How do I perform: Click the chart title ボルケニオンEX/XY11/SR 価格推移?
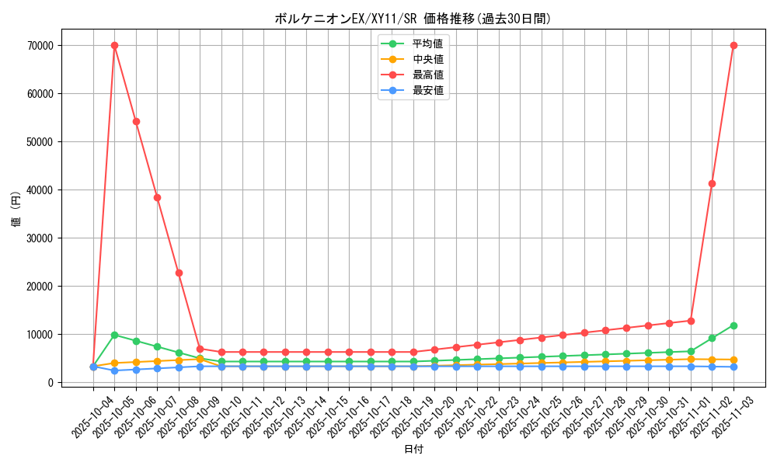click(x=413, y=19)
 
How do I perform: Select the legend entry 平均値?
click(x=428, y=43)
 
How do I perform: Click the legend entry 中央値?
click(x=428, y=59)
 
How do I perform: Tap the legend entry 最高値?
click(x=428, y=75)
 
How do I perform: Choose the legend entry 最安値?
click(x=428, y=90)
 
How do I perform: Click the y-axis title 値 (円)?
click(x=16, y=210)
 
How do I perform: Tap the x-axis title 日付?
click(x=413, y=449)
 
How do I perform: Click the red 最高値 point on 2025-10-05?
click(x=114, y=45)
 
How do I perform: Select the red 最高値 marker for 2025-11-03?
click(x=733, y=45)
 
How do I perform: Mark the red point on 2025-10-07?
click(x=157, y=197)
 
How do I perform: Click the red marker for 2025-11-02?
click(x=712, y=183)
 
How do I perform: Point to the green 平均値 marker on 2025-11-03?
click(x=733, y=325)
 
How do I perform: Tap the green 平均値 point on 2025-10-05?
click(x=114, y=335)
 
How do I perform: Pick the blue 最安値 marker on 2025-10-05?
click(x=114, y=370)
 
